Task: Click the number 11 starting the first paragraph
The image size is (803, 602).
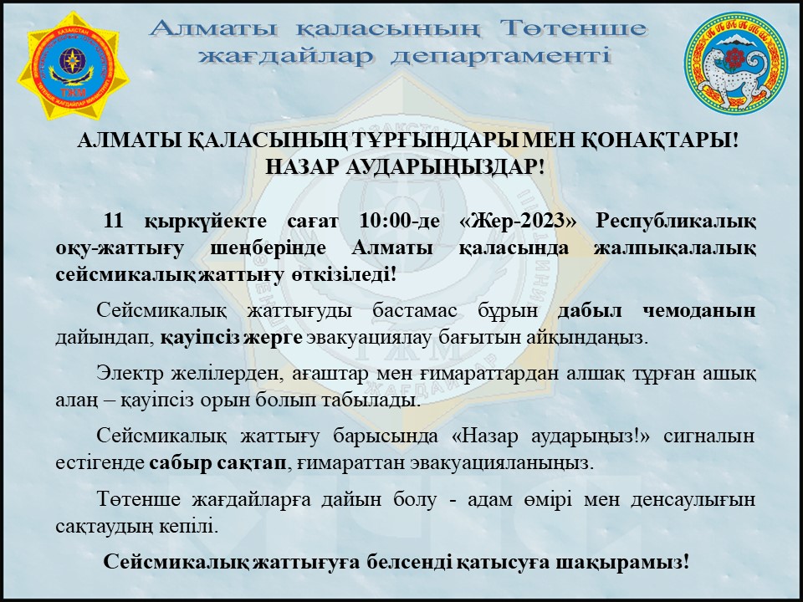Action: coord(114,222)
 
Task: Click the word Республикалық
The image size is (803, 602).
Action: coord(678,222)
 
